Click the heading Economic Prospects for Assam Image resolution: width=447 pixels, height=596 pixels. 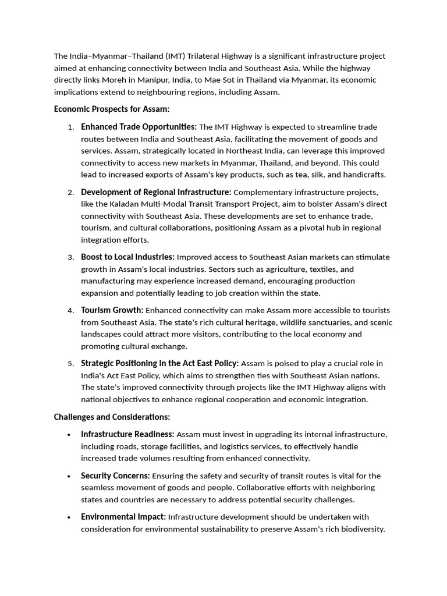click(x=112, y=109)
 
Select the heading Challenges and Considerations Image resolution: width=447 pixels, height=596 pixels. click(x=112, y=417)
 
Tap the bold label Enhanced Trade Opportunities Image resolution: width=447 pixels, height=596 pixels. click(x=139, y=127)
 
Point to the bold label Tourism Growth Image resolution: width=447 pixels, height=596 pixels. click(x=112, y=310)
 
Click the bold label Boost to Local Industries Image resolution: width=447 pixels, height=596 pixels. click(x=127, y=257)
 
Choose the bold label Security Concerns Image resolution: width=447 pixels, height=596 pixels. click(x=115, y=476)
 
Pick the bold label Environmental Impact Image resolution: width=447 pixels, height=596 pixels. click(x=123, y=517)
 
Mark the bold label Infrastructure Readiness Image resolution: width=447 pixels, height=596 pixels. click(x=127, y=434)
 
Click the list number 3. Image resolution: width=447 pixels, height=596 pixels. click(x=70, y=257)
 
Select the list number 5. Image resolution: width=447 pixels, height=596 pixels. click(x=70, y=364)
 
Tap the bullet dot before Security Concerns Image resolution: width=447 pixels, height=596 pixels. click(x=69, y=476)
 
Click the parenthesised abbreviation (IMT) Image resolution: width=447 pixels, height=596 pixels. click(x=176, y=56)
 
